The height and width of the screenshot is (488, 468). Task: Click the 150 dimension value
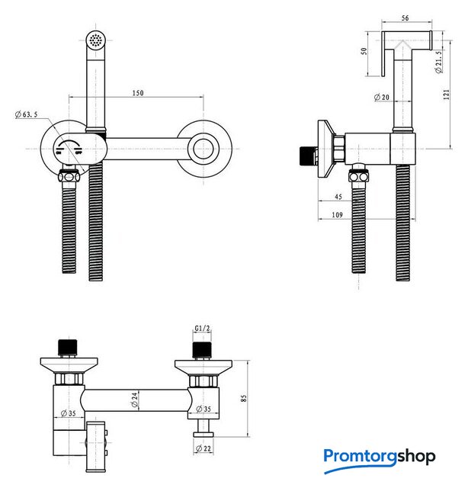[137, 93]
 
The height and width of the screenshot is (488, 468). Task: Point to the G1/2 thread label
[202, 329]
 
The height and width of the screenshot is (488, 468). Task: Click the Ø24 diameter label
[134, 398]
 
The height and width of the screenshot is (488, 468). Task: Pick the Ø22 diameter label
[203, 449]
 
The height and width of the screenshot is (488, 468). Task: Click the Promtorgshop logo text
[379, 457]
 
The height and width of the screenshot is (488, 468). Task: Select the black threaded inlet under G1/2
[201, 349]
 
